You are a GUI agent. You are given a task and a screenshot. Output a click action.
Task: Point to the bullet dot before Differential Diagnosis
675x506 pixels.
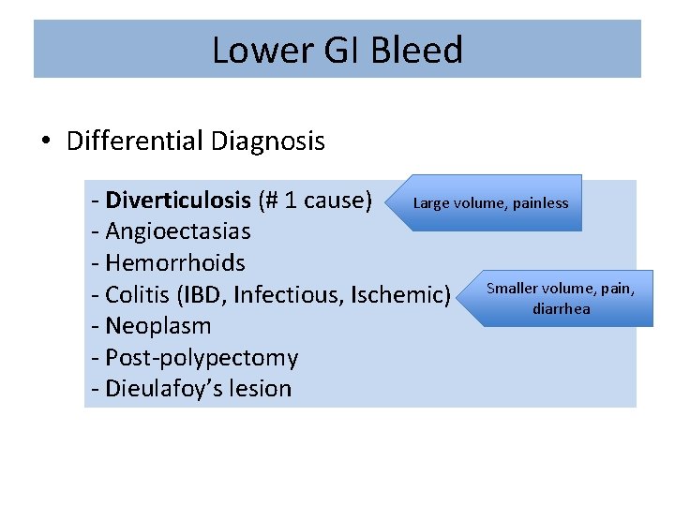coord(47,142)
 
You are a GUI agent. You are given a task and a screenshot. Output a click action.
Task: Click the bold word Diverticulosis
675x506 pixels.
coord(178,201)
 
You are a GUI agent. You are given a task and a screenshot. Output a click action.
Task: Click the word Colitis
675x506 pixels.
coord(136,295)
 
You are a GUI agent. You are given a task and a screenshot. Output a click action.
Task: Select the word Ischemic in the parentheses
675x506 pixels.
coord(400,295)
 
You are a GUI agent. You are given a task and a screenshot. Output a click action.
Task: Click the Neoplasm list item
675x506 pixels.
coord(157,326)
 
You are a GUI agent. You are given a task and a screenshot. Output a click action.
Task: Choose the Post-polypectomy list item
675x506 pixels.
coord(201,358)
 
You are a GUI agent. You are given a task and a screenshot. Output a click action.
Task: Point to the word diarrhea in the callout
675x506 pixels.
coord(562,308)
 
